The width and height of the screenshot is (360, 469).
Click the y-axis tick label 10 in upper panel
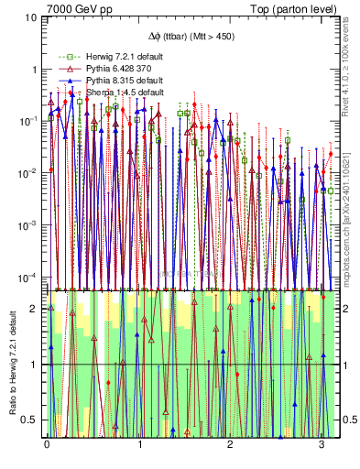[30, 17]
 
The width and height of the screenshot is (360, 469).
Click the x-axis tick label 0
[47, 445]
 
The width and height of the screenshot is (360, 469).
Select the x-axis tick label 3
[321, 445]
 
